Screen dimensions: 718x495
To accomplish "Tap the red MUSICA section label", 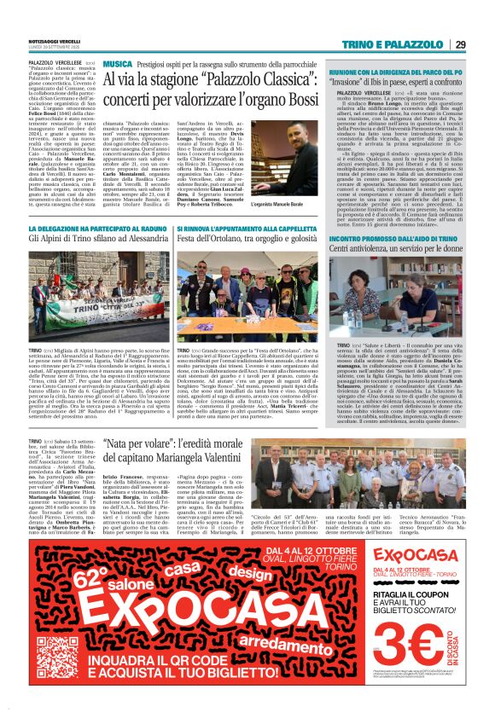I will click(117, 64).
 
